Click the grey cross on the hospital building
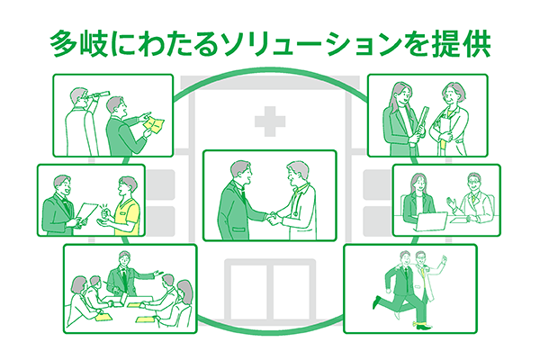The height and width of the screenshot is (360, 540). (x=270, y=121)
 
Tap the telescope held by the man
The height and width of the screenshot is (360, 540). (x=99, y=95)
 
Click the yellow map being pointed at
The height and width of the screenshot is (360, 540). (x=154, y=123)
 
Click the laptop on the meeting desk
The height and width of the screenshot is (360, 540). (x=430, y=221)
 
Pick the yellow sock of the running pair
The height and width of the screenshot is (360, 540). (x=418, y=323)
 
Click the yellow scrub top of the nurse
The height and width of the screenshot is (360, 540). (x=128, y=216)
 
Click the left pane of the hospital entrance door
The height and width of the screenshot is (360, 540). (x=248, y=292)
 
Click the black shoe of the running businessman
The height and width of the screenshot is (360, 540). (x=377, y=302)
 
